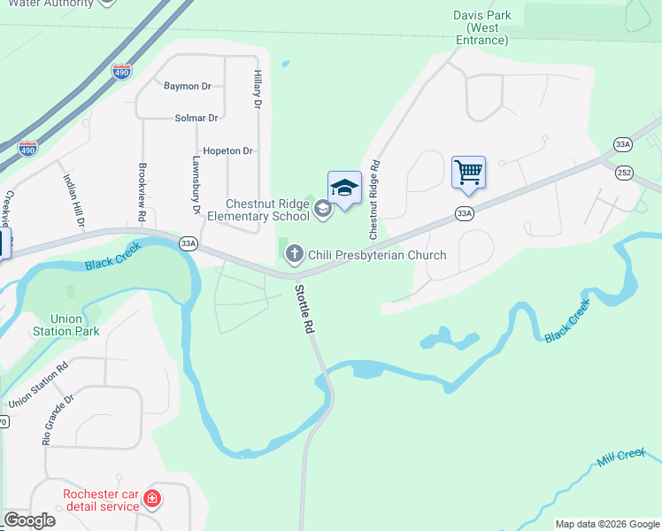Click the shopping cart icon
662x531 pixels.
468,172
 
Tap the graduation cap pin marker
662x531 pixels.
344,188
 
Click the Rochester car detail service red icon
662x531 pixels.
153,500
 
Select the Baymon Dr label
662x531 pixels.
188,87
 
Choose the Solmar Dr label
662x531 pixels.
196,118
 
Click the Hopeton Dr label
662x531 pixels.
228,151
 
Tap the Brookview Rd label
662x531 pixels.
142,191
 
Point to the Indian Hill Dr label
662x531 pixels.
73,200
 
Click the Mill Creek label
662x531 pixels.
622,455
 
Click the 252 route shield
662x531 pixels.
626,173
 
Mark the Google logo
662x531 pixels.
29,520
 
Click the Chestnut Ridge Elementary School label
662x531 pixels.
267,210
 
